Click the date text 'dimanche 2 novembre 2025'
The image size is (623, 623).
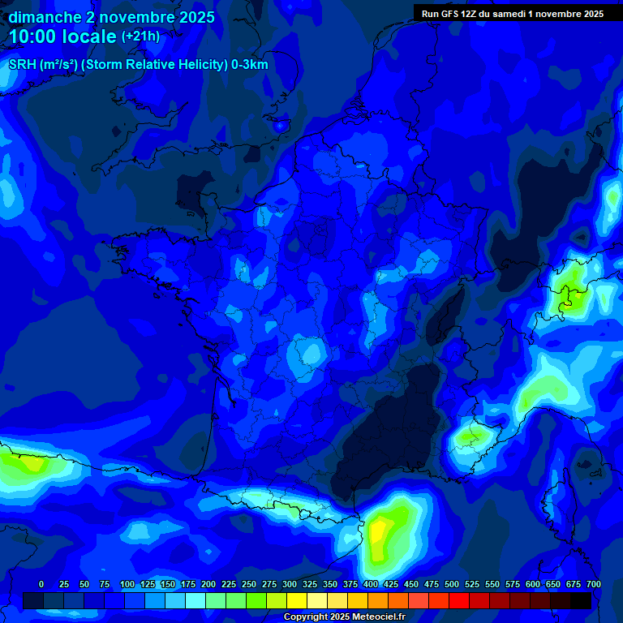pyautogui.click(x=111, y=17)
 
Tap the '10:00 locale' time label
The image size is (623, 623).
pyautogui.click(x=63, y=37)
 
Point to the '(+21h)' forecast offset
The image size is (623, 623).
pyautogui.click(x=140, y=37)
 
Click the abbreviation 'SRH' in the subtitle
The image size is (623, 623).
pyautogui.click(x=22, y=65)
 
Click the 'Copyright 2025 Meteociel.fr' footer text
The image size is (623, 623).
pyautogui.click(x=343, y=617)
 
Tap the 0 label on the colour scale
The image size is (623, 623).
pyautogui.click(x=41, y=584)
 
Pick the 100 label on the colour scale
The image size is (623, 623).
pyautogui.click(x=127, y=584)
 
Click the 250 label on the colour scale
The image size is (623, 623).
pyautogui.click(x=249, y=584)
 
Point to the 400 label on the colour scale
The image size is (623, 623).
pyautogui.click(x=371, y=584)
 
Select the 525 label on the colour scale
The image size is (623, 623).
pyautogui.click(x=472, y=584)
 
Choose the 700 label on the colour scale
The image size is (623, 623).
pyautogui.click(x=593, y=584)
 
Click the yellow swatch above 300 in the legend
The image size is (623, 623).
pyautogui.click(x=297, y=600)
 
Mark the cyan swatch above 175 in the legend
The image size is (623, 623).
pyautogui.click(x=195, y=600)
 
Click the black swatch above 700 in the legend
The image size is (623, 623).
pyautogui.click(x=581, y=600)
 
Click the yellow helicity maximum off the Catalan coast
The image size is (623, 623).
pyautogui.click(x=378, y=535)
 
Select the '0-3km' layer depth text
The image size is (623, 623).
pyautogui.click(x=251, y=65)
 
